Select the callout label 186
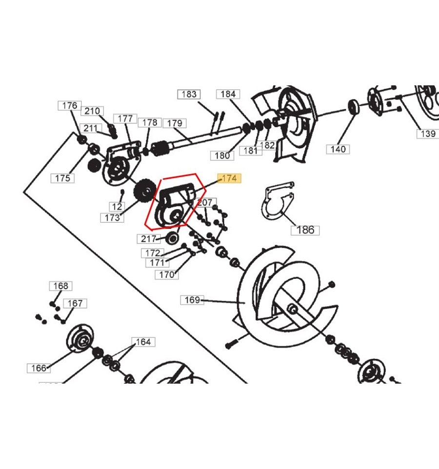[x=305, y=230]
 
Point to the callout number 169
[x=192, y=300]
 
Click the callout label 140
[x=338, y=149]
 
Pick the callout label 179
[x=174, y=123]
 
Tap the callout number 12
[x=116, y=206]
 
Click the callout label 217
[x=148, y=239]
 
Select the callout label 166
[x=39, y=368]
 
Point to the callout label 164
[x=143, y=342]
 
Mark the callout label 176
[x=70, y=105]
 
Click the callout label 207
[x=205, y=202]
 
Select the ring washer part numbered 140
[x=353, y=106]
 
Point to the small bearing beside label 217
[x=171, y=238]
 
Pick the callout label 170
[x=166, y=274]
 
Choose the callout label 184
[x=228, y=94]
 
